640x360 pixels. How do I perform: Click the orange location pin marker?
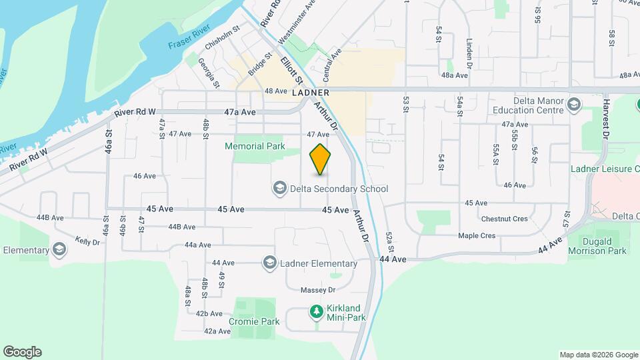pyautogui.click(x=321, y=159)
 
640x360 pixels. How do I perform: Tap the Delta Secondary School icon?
pyautogui.click(x=280, y=189)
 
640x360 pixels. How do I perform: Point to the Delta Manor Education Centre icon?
pyautogui.click(x=575, y=104)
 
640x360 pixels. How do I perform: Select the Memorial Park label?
pyautogui.click(x=255, y=146)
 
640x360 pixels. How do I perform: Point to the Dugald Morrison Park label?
pyautogui.click(x=597, y=245)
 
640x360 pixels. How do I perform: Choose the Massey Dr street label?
pyautogui.click(x=317, y=290)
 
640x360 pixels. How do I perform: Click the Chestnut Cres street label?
pyautogui.click(x=504, y=219)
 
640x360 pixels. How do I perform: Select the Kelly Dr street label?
pyautogui.click(x=87, y=241)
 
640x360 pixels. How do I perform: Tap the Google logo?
pyautogui.click(x=22, y=352)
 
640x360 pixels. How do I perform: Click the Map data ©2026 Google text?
pyautogui.click(x=598, y=355)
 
